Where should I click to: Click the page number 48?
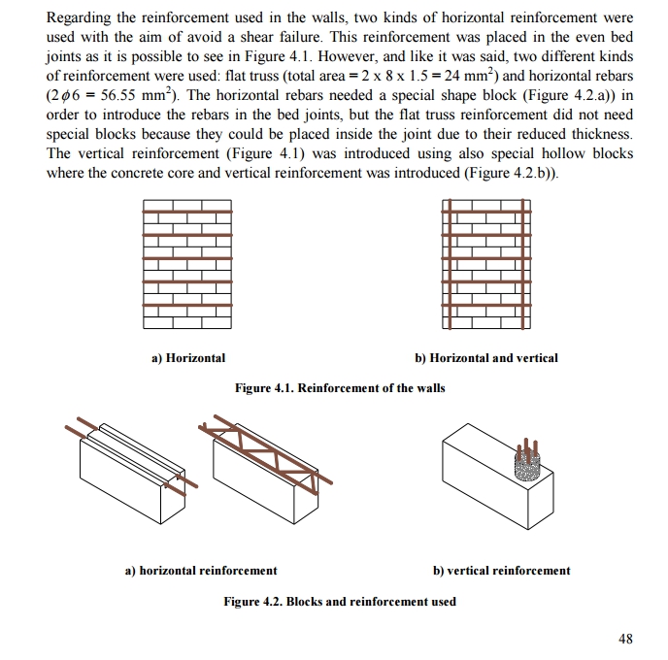pos(624,639)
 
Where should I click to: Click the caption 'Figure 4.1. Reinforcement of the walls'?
pos(340,388)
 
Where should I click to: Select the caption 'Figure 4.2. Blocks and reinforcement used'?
pos(340,602)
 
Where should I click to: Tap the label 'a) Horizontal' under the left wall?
pos(188,358)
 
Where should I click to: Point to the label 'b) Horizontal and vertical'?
pos(486,358)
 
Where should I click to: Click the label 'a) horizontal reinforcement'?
pos(201,571)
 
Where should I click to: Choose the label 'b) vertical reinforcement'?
pos(501,571)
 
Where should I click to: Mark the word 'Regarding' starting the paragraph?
pos(80,18)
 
